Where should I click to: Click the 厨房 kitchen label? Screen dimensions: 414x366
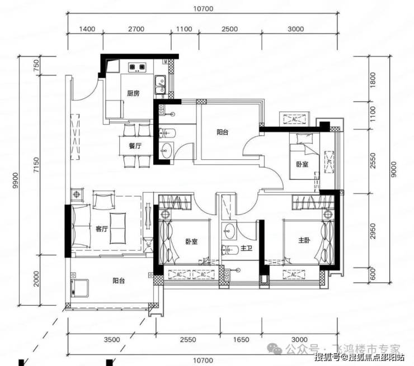pyautogui.click(x=133, y=93)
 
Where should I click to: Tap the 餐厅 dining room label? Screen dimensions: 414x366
pyautogui.click(x=135, y=145)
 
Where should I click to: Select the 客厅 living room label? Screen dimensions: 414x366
pyautogui.click(x=102, y=229)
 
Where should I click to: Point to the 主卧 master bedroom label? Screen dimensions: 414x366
pyautogui.click(x=304, y=240)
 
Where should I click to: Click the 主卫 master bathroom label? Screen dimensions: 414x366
pyautogui.click(x=246, y=248)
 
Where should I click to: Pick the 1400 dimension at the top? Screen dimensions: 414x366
pyautogui.click(x=87, y=28)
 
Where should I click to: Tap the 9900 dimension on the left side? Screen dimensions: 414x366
pyautogui.click(x=16, y=180)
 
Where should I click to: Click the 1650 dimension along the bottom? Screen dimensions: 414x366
pyautogui.click(x=241, y=339)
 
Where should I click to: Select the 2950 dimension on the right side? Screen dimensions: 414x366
pyautogui.click(x=372, y=231)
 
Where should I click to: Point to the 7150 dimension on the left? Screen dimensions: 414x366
pyautogui.click(x=36, y=165)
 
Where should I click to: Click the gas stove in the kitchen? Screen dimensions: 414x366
pyautogui.click(x=137, y=67)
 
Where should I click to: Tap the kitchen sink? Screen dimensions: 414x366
pyautogui.click(x=160, y=84)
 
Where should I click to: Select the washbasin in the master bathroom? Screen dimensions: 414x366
pyautogui.click(x=228, y=231)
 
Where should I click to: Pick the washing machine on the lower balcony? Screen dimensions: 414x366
pyautogui.click(x=79, y=288)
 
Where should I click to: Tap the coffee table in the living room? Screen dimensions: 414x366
pyautogui.click(x=117, y=228)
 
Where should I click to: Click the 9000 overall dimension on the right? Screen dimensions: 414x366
pyautogui.click(x=393, y=169)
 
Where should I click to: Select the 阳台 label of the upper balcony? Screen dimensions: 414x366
pyautogui.click(x=223, y=132)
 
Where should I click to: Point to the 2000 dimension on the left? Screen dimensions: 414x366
pyautogui.click(x=36, y=279)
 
